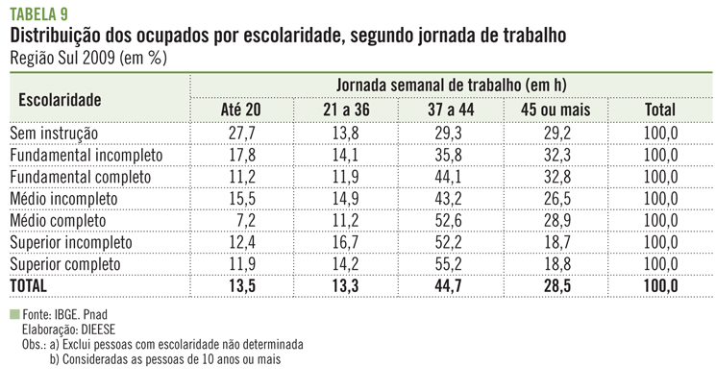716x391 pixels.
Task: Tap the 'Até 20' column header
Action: tap(240, 110)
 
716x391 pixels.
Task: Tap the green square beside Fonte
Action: tap(13, 314)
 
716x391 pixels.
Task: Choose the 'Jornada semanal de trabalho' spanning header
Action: tap(451, 86)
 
